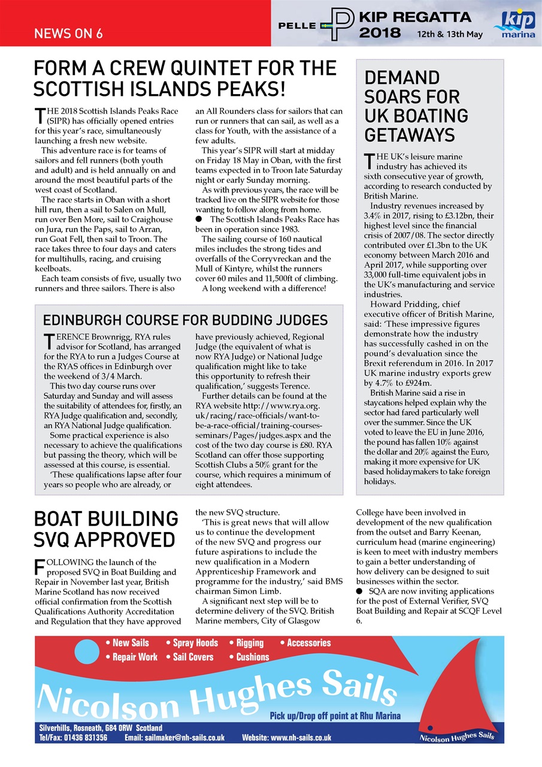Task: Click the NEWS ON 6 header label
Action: coord(68,34)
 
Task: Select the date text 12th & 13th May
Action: coord(450,34)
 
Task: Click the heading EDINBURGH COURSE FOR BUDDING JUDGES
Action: coord(185,319)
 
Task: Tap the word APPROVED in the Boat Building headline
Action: coord(129,540)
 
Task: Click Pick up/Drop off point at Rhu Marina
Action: coord(335,715)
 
